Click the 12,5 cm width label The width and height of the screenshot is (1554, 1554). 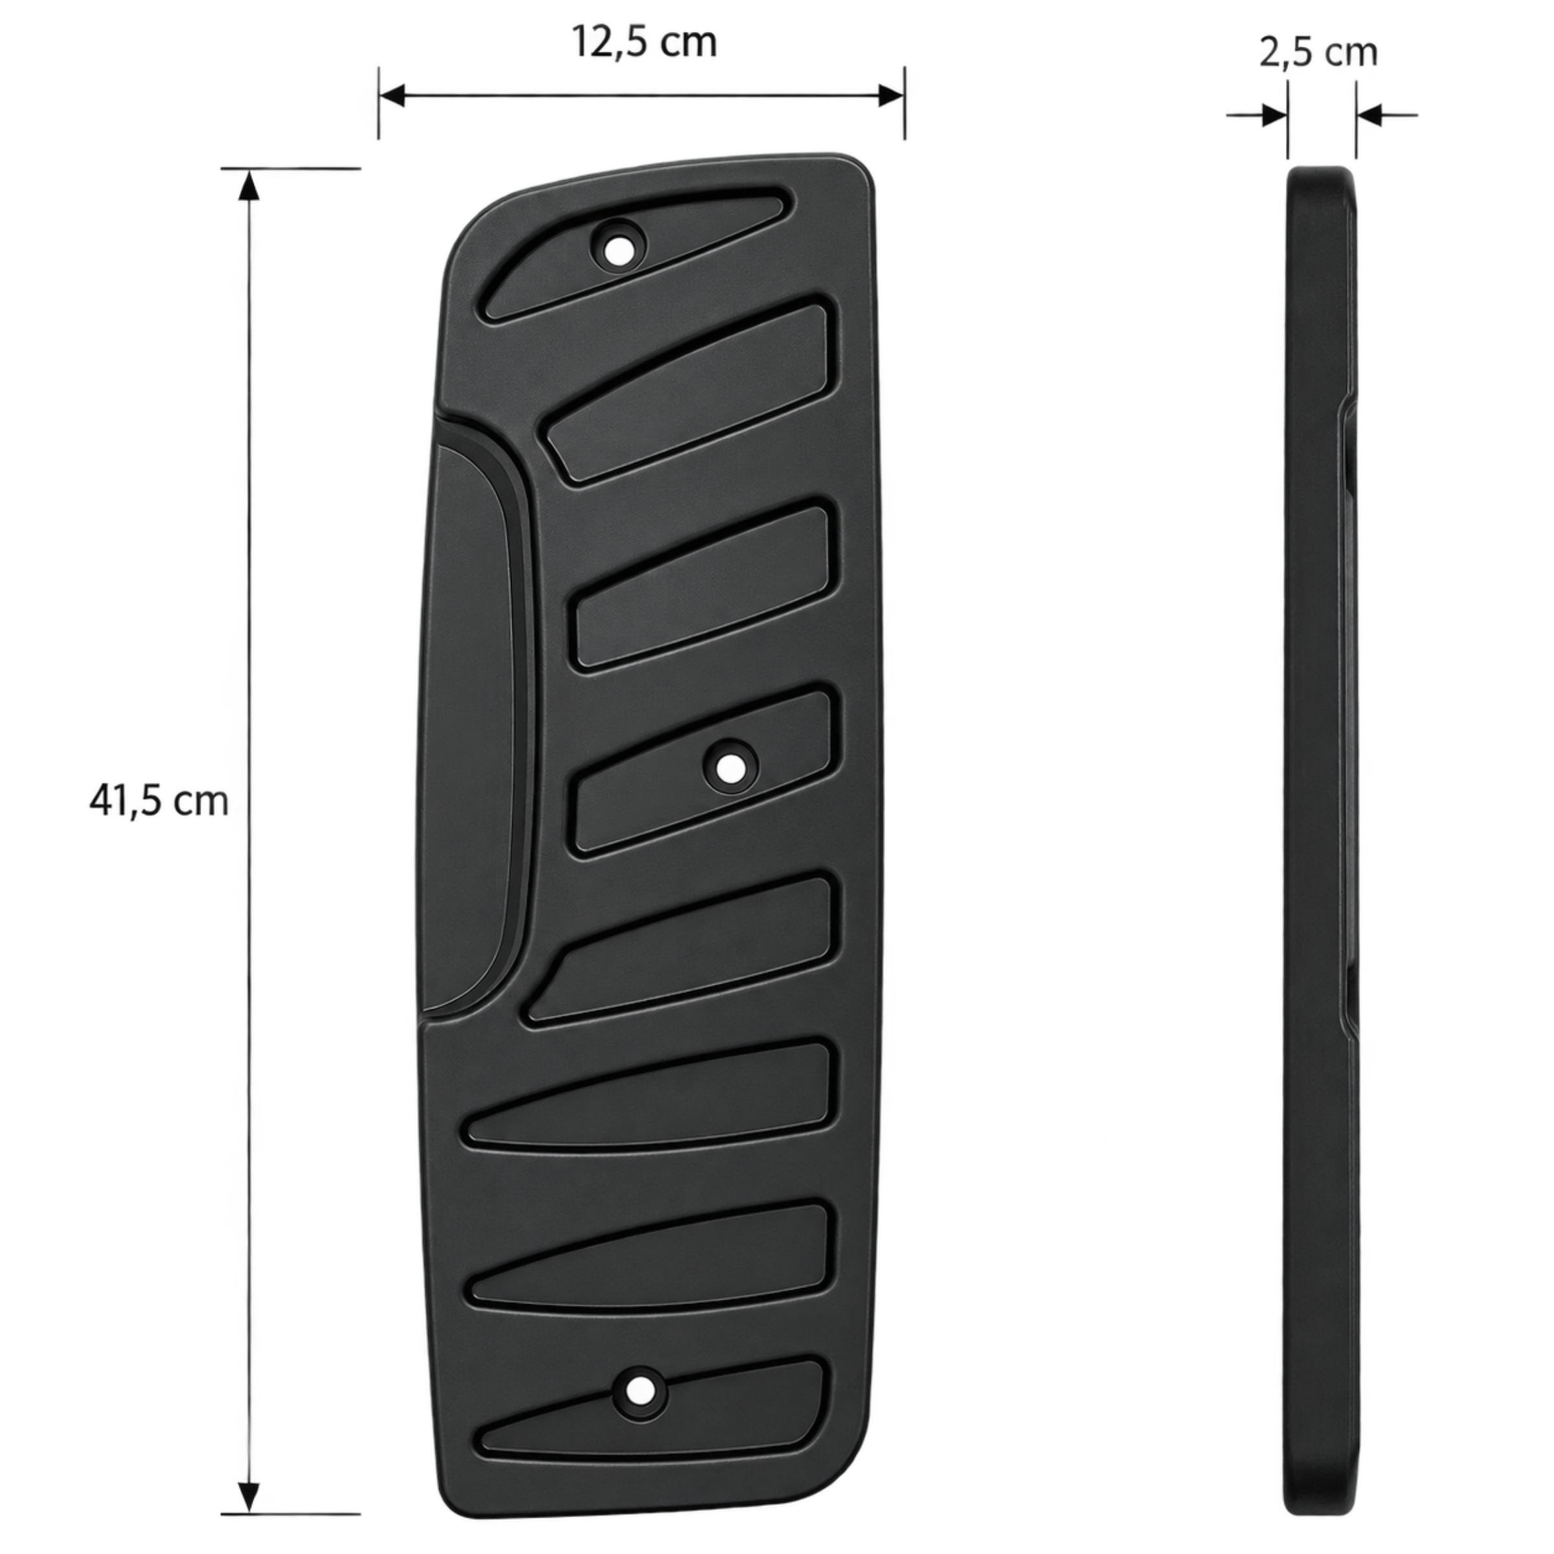click(x=644, y=42)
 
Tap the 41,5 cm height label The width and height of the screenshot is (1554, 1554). click(x=159, y=800)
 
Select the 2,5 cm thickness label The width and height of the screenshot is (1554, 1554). click(x=1318, y=53)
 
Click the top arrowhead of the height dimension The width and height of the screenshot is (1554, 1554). click(x=249, y=183)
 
